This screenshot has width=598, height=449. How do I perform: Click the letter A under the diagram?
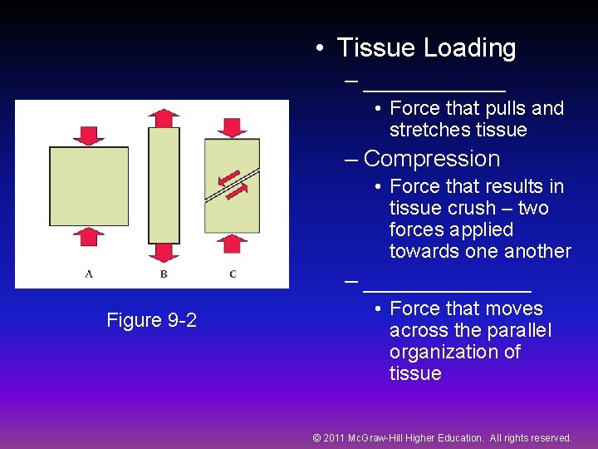[x=89, y=274]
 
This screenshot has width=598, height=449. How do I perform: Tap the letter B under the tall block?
[x=164, y=274]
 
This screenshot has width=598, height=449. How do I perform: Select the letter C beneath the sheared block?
[x=233, y=274]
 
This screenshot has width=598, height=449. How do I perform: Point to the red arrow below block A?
[x=88, y=236]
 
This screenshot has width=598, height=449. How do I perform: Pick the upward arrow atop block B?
[x=164, y=117]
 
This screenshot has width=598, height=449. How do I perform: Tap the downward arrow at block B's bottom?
[x=164, y=251]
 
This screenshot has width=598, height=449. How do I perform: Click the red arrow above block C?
[x=232, y=127]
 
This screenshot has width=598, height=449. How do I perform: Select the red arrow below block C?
[x=233, y=243]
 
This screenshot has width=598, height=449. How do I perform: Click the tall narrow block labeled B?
[x=164, y=184]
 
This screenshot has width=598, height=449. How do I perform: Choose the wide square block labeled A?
[x=89, y=185]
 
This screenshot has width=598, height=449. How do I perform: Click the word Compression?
[x=432, y=159]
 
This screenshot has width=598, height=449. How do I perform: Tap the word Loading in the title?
[x=469, y=48]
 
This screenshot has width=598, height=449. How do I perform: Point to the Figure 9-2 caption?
[x=152, y=320]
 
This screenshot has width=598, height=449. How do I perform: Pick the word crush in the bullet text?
[x=471, y=208]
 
